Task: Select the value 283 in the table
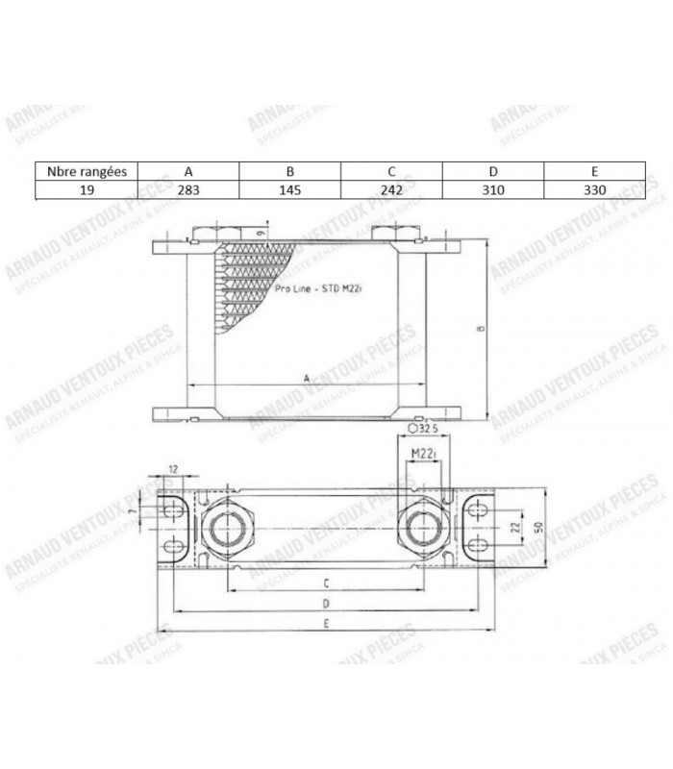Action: tap(188, 190)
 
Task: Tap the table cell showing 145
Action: tap(290, 190)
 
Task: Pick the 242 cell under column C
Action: tap(392, 190)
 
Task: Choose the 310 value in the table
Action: tap(494, 190)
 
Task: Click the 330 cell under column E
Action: tap(595, 190)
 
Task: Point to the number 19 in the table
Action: tap(86, 190)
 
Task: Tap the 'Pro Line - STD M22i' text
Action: tap(316, 285)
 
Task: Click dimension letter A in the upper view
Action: tap(306, 380)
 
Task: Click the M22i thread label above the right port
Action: tap(423, 453)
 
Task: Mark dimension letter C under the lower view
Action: tap(327, 583)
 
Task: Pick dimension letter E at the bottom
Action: tap(327, 626)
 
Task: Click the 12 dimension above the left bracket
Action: tap(173, 468)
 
